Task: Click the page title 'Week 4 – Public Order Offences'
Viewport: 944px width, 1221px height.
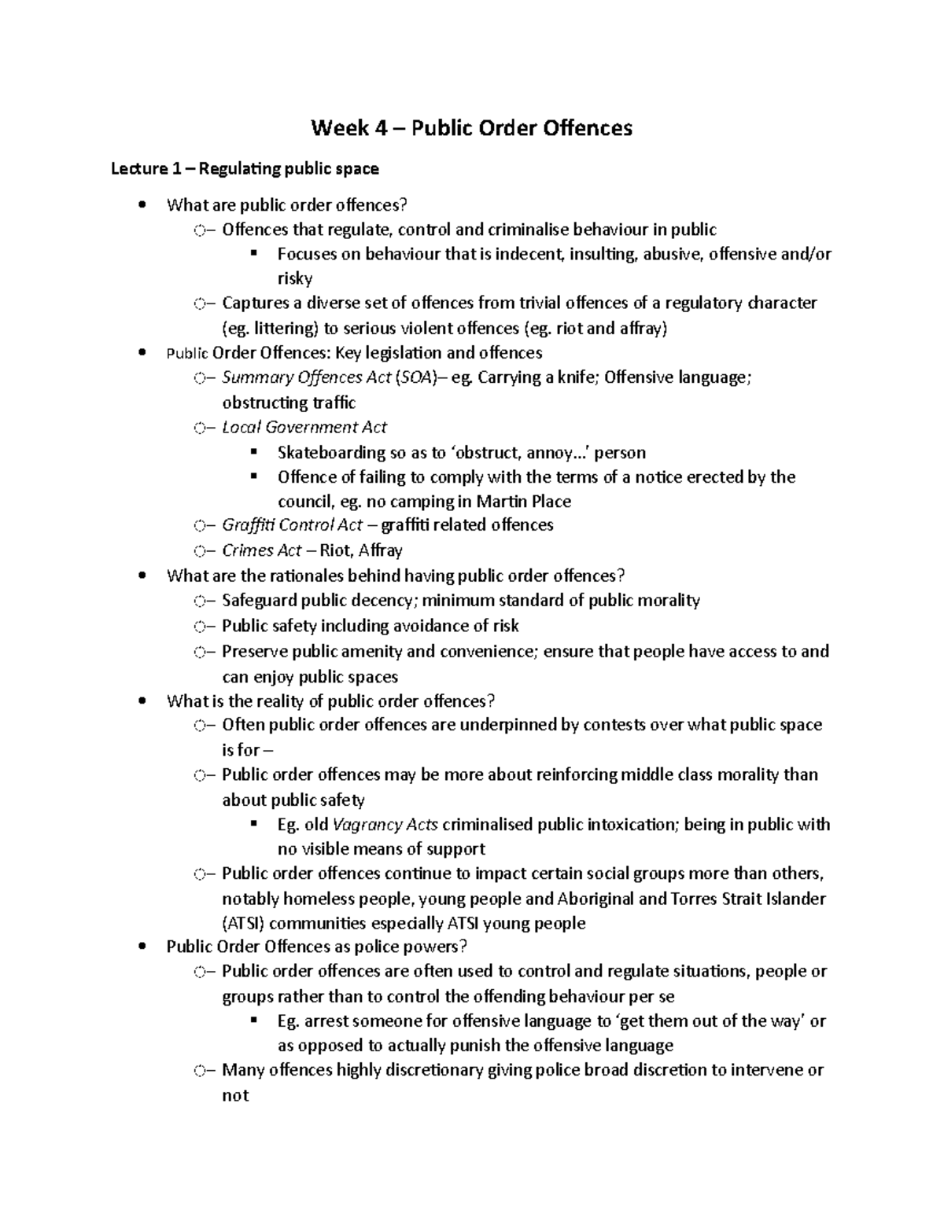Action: point(471,127)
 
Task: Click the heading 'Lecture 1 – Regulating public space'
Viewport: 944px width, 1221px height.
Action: point(245,168)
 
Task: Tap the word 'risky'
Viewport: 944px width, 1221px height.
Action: point(295,278)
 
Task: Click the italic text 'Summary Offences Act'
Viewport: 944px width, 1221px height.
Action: point(306,377)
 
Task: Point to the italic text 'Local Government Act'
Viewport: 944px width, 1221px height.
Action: point(304,427)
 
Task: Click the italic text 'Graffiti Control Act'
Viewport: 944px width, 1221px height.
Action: point(293,524)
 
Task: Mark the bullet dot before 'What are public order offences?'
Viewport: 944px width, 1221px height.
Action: point(142,206)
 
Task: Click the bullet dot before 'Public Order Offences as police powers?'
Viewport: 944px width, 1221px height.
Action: point(142,947)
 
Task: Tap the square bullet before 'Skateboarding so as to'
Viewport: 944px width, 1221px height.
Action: point(253,453)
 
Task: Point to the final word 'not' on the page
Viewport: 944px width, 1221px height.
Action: point(235,1095)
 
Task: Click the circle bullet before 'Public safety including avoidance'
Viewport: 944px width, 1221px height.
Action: point(200,627)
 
